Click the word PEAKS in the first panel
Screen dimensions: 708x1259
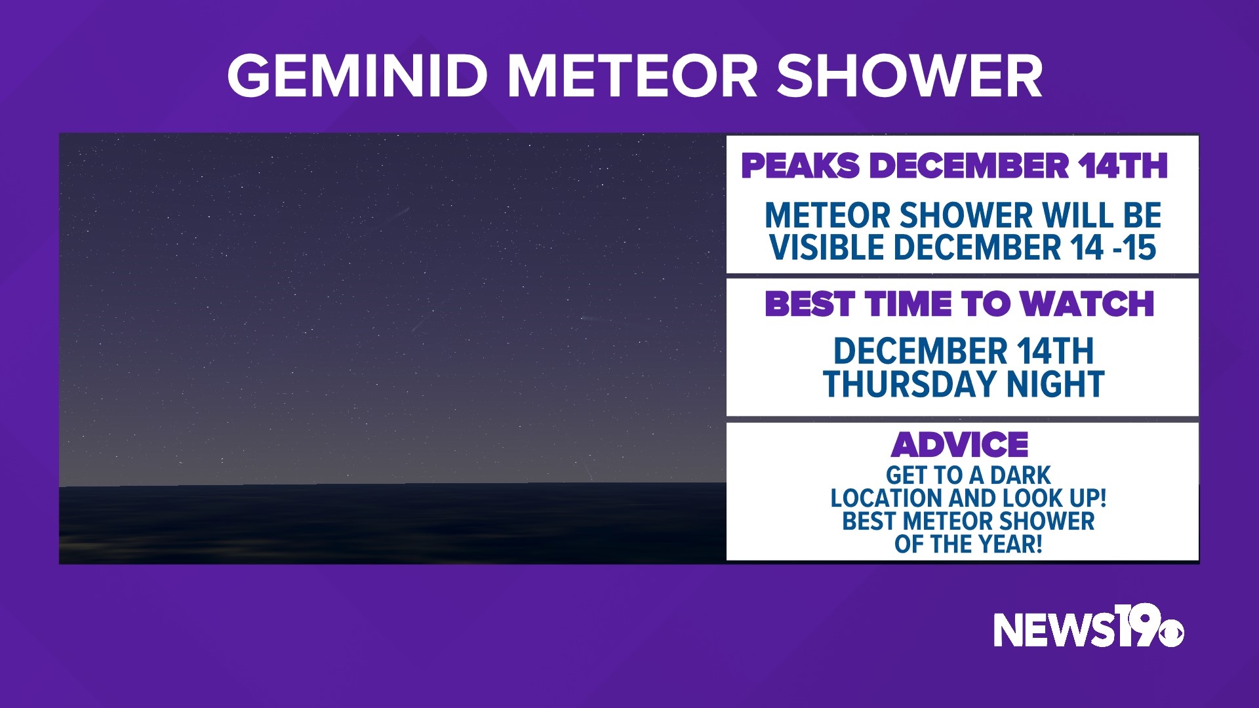pyautogui.click(x=799, y=165)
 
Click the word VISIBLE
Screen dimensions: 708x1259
pyautogui.click(x=828, y=248)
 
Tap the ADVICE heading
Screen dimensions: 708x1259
pyautogui.click(x=959, y=445)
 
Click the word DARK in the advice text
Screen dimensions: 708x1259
pyautogui.click(x=1020, y=475)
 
